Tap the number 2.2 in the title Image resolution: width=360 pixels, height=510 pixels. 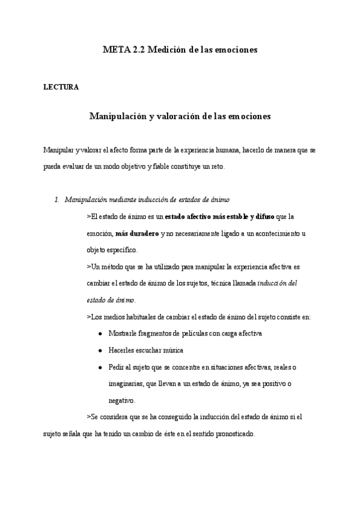tap(138, 51)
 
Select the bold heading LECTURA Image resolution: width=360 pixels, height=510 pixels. tap(61, 87)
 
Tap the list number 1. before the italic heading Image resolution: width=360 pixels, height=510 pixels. tap(57, 199)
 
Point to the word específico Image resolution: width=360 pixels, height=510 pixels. tap(121, 250)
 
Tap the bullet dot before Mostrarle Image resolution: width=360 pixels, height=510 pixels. tap(99, 334)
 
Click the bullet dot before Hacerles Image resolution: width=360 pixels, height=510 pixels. tap(99, 351)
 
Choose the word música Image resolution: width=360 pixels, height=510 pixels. tap(171, 350)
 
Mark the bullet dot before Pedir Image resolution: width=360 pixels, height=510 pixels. tap(99, 367)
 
